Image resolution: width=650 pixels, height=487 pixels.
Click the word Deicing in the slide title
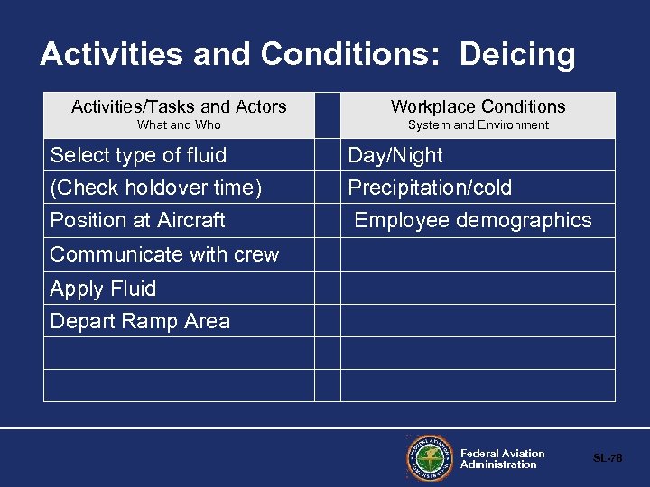point(516,56)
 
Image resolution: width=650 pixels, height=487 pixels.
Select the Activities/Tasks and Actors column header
point(179,107)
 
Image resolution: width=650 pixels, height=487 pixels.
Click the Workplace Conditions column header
point(478,107)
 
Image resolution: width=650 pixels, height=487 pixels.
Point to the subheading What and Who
point(179,125)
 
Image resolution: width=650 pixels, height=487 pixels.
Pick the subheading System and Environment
point(478,125)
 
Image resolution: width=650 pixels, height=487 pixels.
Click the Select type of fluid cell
point(138,155)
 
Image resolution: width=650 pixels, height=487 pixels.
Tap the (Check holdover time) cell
point(156,188)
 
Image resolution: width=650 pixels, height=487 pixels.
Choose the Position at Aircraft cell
point(137,220)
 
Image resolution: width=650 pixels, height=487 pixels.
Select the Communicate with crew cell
point(164,254)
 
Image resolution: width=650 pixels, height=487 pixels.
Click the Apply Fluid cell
point(103,289)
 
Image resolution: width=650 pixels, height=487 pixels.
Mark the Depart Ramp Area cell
point(140,321)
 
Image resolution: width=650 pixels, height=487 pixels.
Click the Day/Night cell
point(395,155)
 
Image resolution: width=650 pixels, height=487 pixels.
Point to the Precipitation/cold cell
point(430,188)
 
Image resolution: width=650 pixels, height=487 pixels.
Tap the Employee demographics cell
point(473,220)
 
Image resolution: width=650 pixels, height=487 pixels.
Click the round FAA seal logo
point(430,458)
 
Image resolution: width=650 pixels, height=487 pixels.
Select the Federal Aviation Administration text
point(502,459)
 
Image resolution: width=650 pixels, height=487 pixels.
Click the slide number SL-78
point(607,458)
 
